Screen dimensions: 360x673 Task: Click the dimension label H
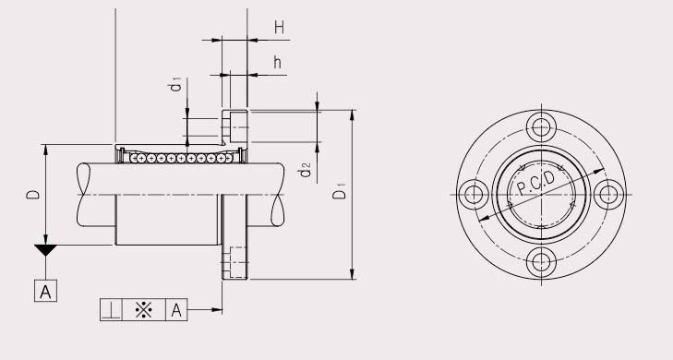tap(278, 28)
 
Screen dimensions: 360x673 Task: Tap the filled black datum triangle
tap(45, 250)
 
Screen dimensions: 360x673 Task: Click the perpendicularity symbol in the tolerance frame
tap(110, 309)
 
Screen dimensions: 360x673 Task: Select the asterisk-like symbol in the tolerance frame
tap(143, 309)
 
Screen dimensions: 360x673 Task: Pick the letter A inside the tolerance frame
tap(176, 309)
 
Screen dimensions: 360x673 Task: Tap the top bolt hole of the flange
tap(541, 127)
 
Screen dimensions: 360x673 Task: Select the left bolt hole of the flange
tap(475, 194)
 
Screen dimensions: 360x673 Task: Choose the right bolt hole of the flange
tap(607, 194)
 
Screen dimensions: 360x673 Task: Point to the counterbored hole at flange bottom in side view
tap(234, 263)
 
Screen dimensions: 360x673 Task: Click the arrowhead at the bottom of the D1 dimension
tap(353, 274)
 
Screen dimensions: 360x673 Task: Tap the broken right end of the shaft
tap(282, 196)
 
